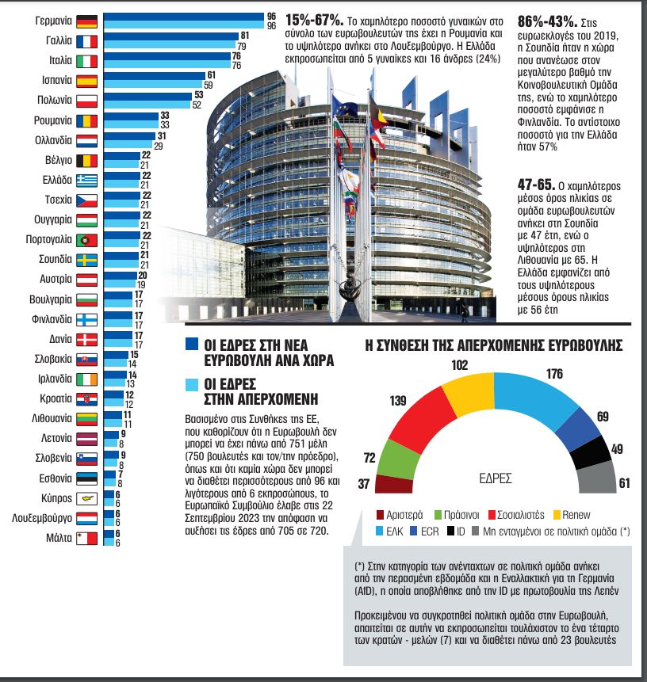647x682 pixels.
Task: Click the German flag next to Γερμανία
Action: coord(87,22)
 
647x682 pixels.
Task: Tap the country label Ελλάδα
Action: coord(56,179)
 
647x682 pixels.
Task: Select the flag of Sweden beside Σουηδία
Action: coord(87,259)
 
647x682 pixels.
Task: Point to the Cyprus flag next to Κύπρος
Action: coord(87,499)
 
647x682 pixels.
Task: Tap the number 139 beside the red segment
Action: coord(398,399)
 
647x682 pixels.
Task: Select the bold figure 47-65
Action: coord(536,185)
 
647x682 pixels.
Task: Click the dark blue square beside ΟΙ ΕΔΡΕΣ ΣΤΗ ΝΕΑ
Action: coord(190,345)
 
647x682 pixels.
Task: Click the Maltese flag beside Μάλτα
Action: coord(87,539)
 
